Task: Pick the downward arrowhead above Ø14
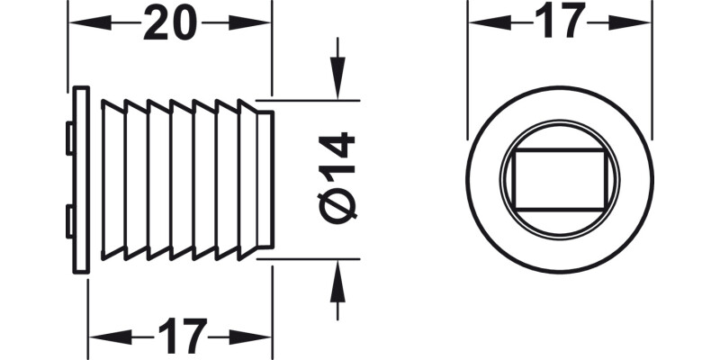pos(337,86)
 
